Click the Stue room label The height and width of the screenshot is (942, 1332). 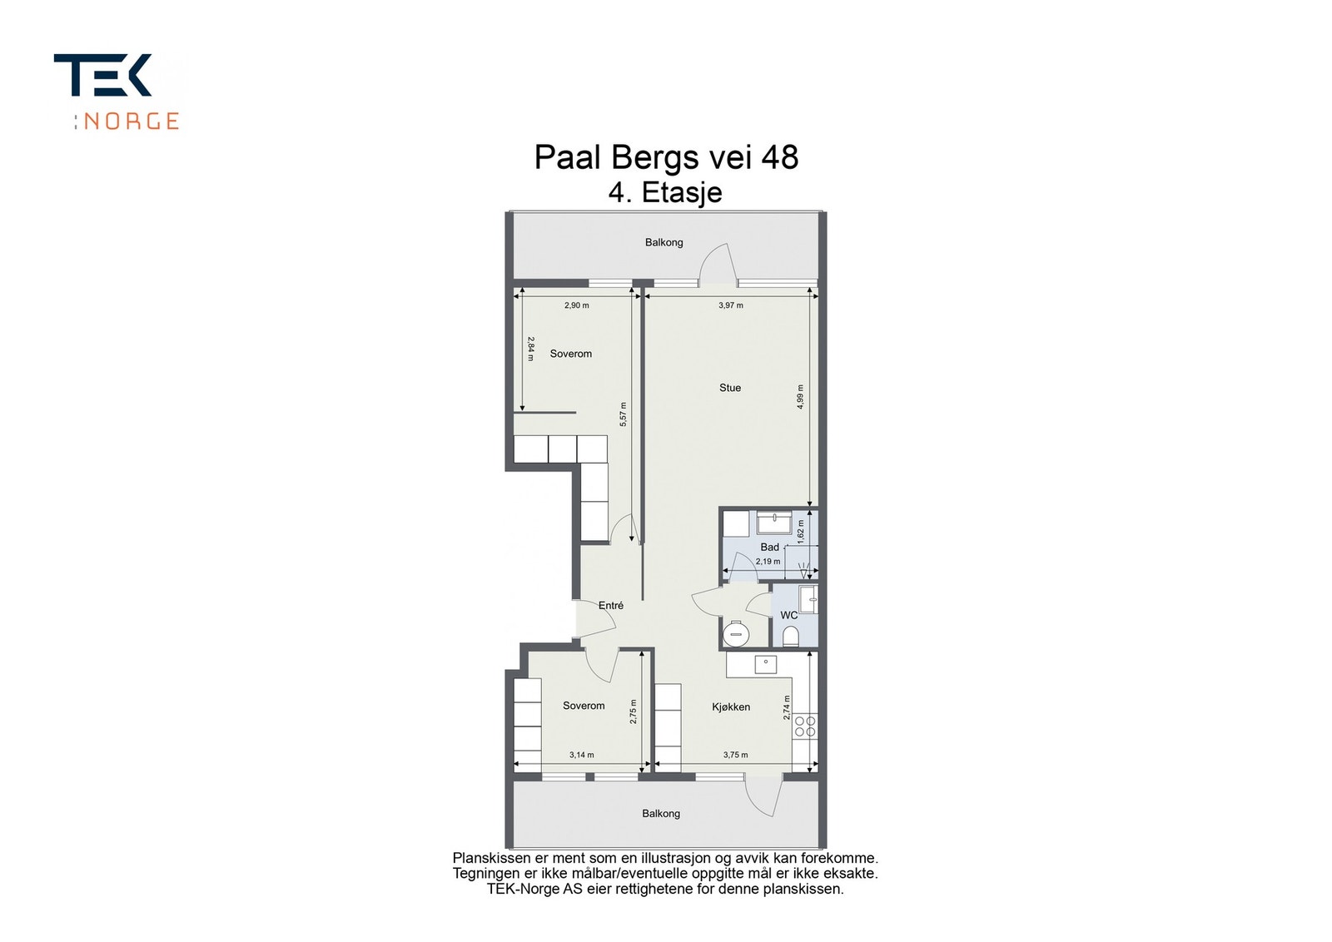click(730, 388)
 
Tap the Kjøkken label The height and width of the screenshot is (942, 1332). click(731, 707)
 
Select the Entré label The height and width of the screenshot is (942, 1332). click(611, 606)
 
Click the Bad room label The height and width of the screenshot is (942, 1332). click(769, 548)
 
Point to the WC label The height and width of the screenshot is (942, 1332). click(788, 616)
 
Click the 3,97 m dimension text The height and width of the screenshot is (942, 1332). click(731, 305)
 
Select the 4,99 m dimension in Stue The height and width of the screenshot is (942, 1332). click(800, 395)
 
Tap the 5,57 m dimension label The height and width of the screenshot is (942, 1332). click(623, 414)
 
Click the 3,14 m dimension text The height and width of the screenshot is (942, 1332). click(581, 756)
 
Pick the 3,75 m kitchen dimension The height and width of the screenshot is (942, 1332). click(735, 756)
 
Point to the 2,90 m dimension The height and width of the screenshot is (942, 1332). click(576, 305)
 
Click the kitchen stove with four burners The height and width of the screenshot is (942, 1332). click(804, 726)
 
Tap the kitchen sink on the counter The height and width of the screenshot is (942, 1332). click(765, 664)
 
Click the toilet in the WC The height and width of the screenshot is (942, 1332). click(790, 637)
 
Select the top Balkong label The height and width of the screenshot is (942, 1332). click(664, 243)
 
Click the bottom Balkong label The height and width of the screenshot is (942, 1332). click(661, 814)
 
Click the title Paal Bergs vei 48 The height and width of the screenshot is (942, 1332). click(666, 157)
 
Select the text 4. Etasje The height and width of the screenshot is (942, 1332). click(665, 192)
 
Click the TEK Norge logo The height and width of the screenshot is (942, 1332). click(117, 92)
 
